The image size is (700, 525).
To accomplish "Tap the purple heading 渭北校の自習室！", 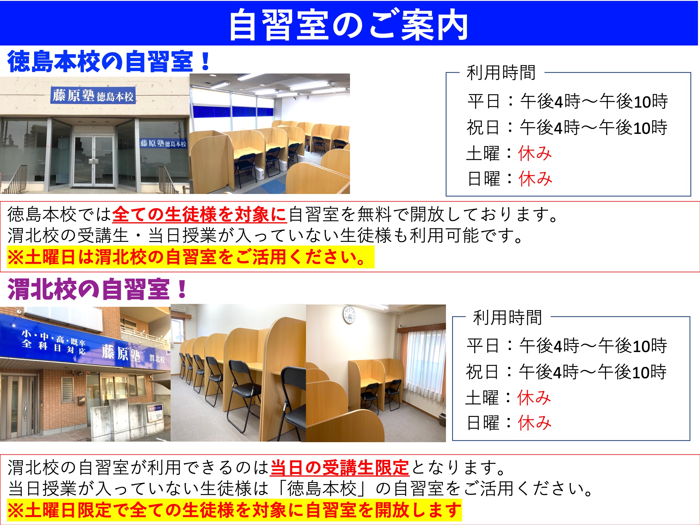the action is click(x=97, y=289).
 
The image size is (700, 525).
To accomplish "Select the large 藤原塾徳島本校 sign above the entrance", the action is click(x=93, y=95).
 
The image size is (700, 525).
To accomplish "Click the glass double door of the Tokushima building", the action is click(x=94, y=160).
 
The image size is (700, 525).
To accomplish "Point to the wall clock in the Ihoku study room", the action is click(x=349, y=315).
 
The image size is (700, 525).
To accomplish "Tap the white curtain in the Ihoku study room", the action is click(x=426, y=370).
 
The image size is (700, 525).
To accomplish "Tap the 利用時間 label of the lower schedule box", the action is click(x=508, y=317).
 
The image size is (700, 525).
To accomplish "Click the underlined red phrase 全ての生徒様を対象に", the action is click(x=200, y=214).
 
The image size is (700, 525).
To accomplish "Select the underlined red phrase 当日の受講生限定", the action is click(x=340, y=468).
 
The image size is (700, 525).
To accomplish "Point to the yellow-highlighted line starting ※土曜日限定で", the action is click(x=235, y=510).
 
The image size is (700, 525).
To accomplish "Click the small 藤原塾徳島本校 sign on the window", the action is click(x=163, y=143).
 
